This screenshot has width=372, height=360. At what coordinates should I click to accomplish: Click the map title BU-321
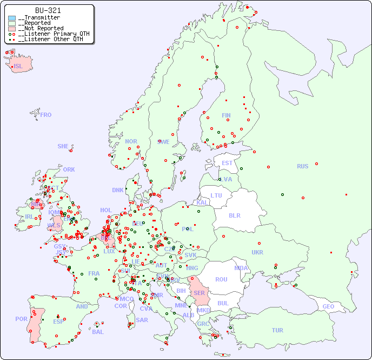(48, 10)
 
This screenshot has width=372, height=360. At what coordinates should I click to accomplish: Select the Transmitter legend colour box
(12, 18)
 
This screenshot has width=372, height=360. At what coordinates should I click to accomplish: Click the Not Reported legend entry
(41, 28)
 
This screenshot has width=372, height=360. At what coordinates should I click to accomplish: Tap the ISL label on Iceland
(18, 67)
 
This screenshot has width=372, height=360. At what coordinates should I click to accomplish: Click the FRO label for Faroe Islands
(46, 115)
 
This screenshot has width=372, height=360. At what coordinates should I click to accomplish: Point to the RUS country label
(302, 166)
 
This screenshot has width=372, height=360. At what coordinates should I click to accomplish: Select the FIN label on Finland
(226, 115)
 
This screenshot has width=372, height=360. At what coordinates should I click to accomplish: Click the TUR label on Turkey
(277, 330)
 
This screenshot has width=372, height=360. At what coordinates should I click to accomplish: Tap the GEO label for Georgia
(328, 306)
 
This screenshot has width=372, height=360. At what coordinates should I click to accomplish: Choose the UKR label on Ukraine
(257, 252)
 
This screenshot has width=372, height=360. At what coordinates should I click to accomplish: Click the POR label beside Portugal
(21, 319)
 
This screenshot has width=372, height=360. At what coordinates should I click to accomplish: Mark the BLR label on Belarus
(234, 215)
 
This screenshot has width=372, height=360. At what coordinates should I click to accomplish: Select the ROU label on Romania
(221, 279)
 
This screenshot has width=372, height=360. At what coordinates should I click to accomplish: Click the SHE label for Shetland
(63, 146)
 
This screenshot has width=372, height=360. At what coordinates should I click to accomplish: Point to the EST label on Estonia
(227, 163)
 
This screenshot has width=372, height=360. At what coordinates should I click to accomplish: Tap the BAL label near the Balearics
(98, 332)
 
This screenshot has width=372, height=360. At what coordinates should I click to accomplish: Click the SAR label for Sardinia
(142, 320)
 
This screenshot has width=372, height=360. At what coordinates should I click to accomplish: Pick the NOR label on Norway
(131, 141)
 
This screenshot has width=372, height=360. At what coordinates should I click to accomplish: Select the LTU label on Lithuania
(216, 195)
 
